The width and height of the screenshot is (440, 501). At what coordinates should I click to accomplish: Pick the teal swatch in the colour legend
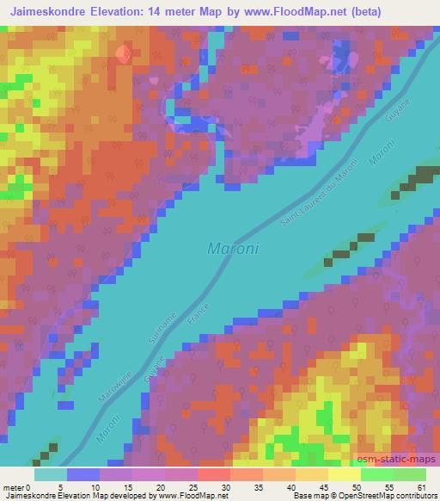point(51,474)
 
